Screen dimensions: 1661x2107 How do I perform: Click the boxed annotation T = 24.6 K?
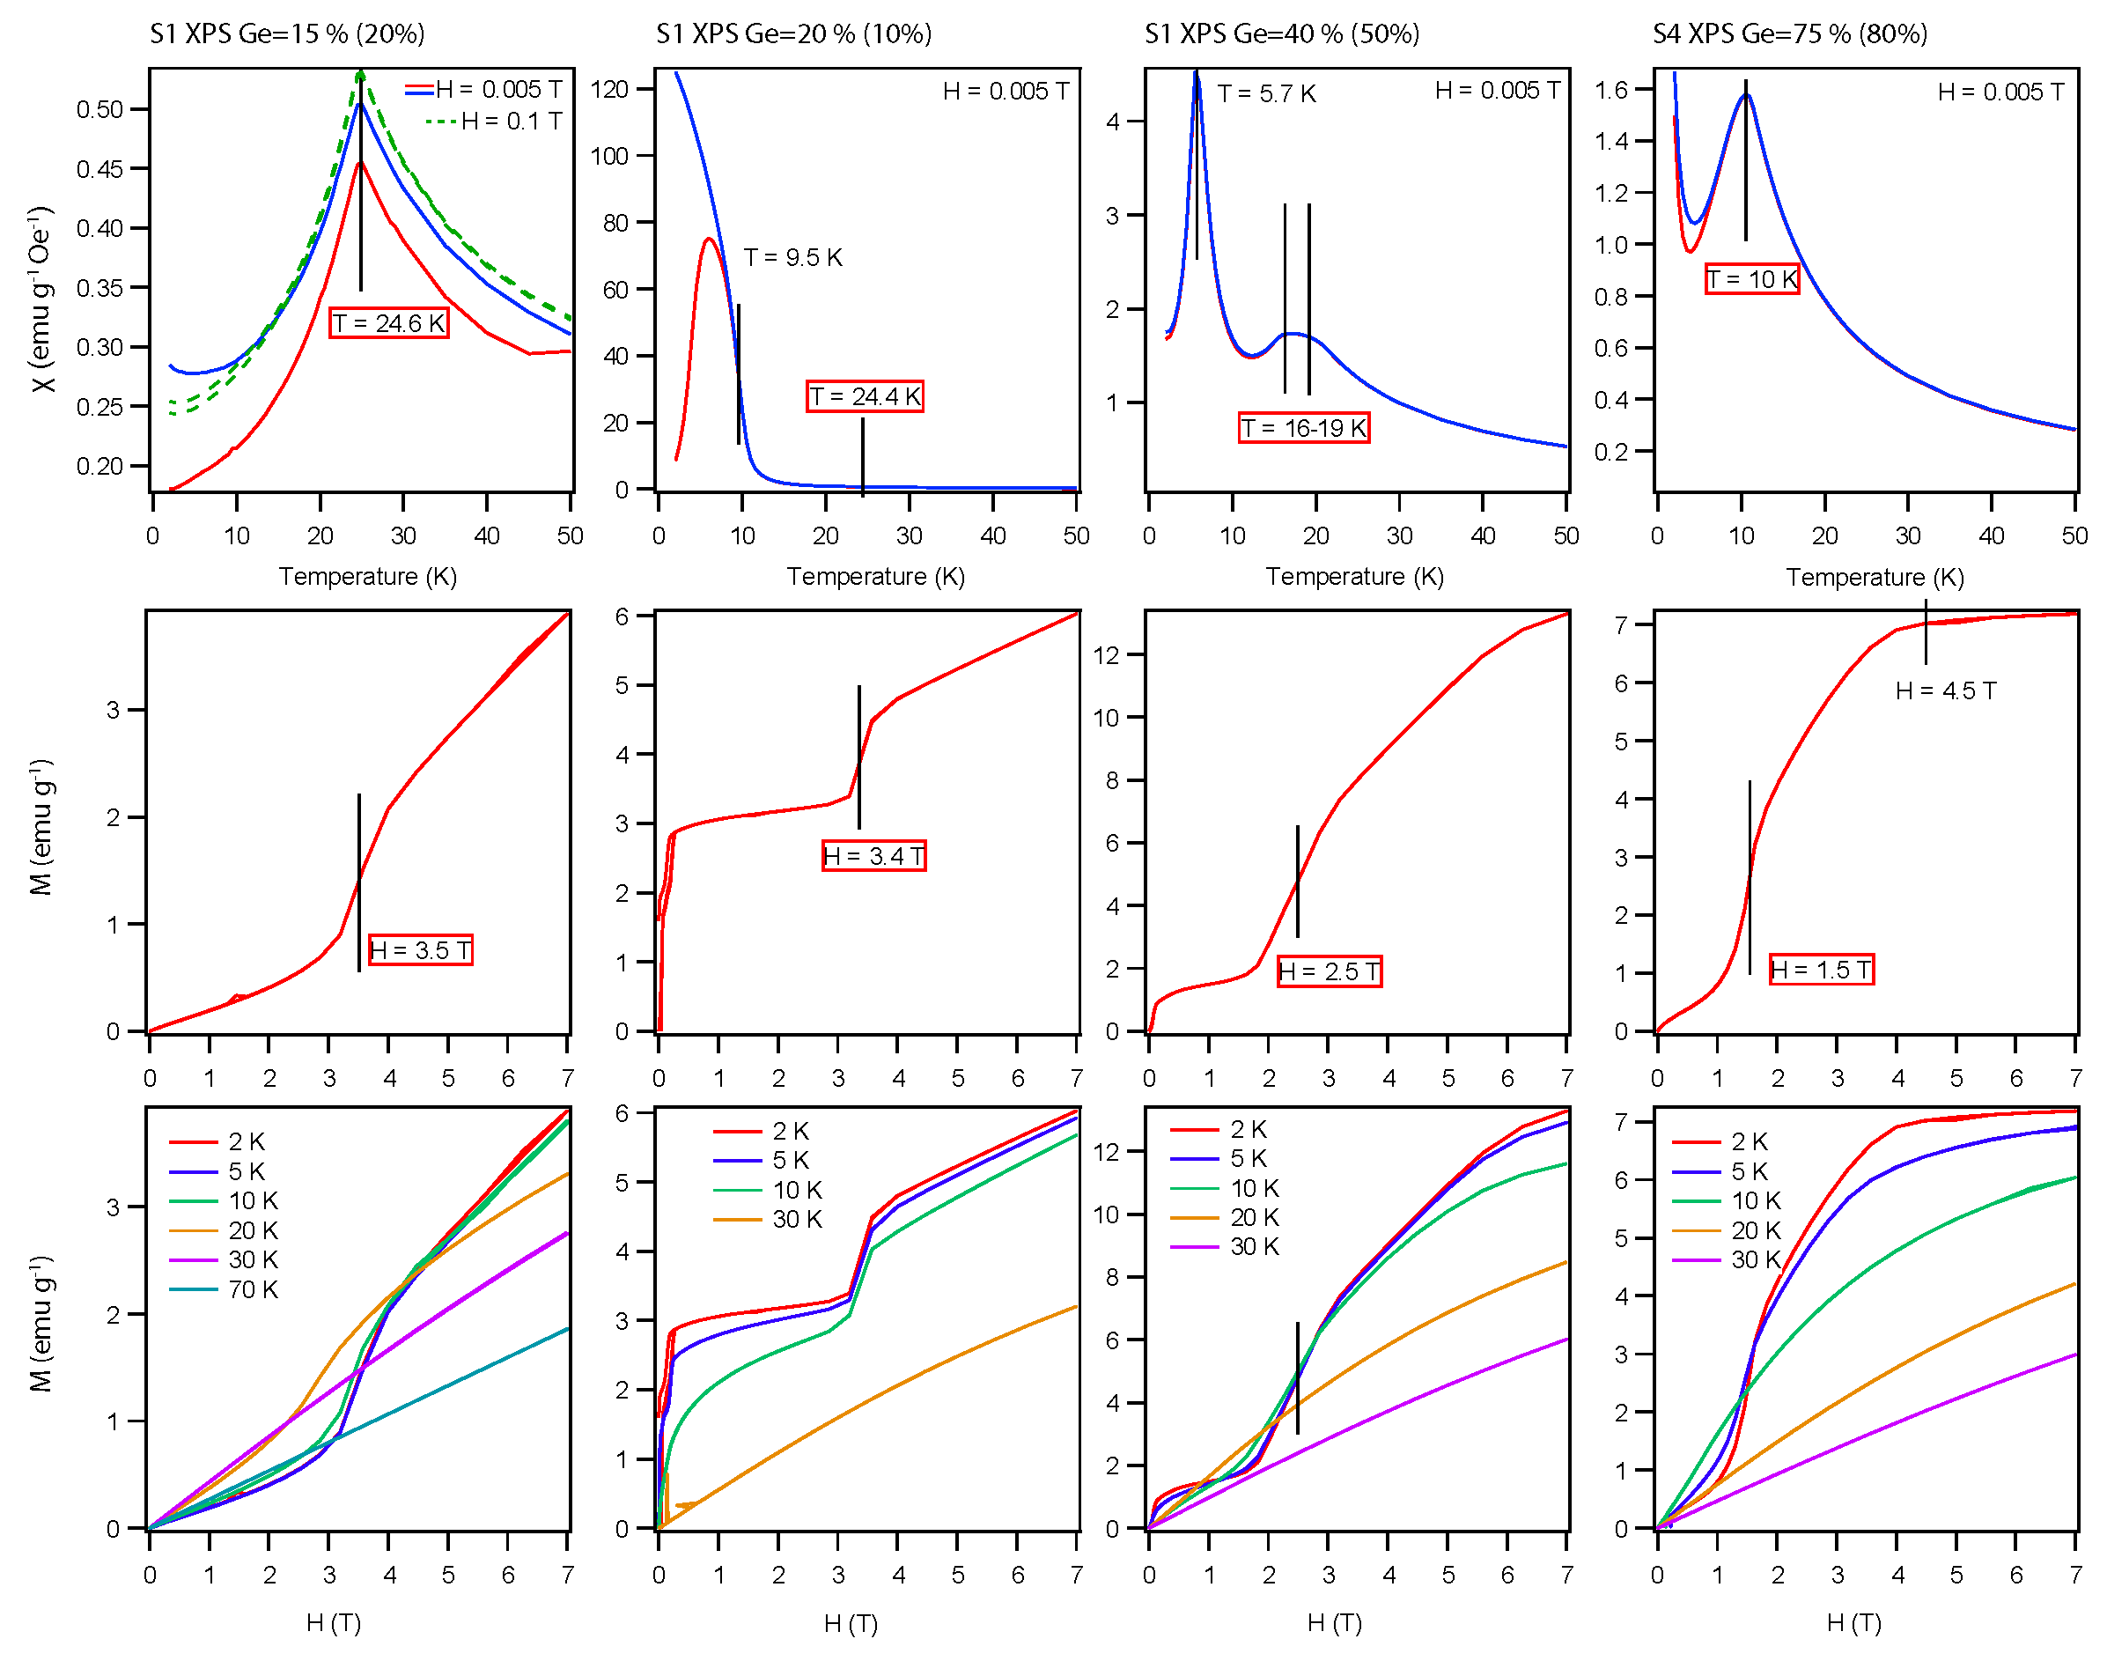coord(388,323)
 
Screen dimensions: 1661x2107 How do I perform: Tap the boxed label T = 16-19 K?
coord(1304,428)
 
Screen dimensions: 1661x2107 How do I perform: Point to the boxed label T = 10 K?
coord(1752,280)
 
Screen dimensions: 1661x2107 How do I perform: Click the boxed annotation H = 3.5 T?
coord(420,950)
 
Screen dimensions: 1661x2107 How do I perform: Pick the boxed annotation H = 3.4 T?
coord(873,856)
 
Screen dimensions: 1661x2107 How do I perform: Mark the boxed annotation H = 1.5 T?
coord(1820,970)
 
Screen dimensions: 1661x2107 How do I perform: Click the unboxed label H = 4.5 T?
coord(1946,690)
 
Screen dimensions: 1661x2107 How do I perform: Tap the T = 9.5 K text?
coord(792,258)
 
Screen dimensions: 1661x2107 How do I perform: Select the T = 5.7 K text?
coord(1267,94)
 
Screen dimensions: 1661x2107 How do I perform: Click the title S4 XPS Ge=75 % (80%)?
coord(1789,34)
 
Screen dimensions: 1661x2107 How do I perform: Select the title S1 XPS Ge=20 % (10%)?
coord(793,34)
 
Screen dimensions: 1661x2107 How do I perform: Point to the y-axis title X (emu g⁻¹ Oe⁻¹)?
coord(41,299)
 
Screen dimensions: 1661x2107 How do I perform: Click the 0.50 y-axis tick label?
coord(100,109)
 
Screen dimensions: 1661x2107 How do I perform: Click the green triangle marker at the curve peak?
coord(361,75)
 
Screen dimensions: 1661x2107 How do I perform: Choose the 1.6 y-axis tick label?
coord(1611,91)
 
